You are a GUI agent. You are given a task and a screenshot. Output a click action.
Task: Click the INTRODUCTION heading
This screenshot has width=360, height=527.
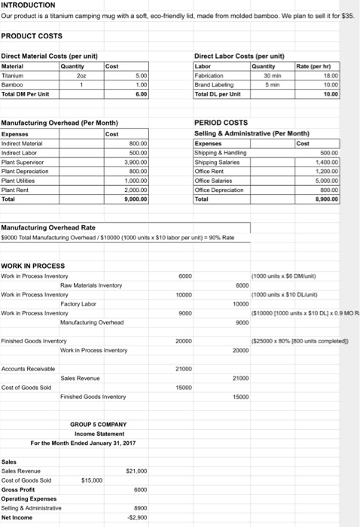[x=29, y=5]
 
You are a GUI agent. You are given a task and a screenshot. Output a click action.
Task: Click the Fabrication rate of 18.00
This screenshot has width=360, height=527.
[x=343, y=75]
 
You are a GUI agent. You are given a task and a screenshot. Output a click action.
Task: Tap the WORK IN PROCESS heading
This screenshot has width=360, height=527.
[x=32, y=266]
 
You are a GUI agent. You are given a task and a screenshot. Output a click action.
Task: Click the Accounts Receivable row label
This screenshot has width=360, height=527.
[x=28, y=369]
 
